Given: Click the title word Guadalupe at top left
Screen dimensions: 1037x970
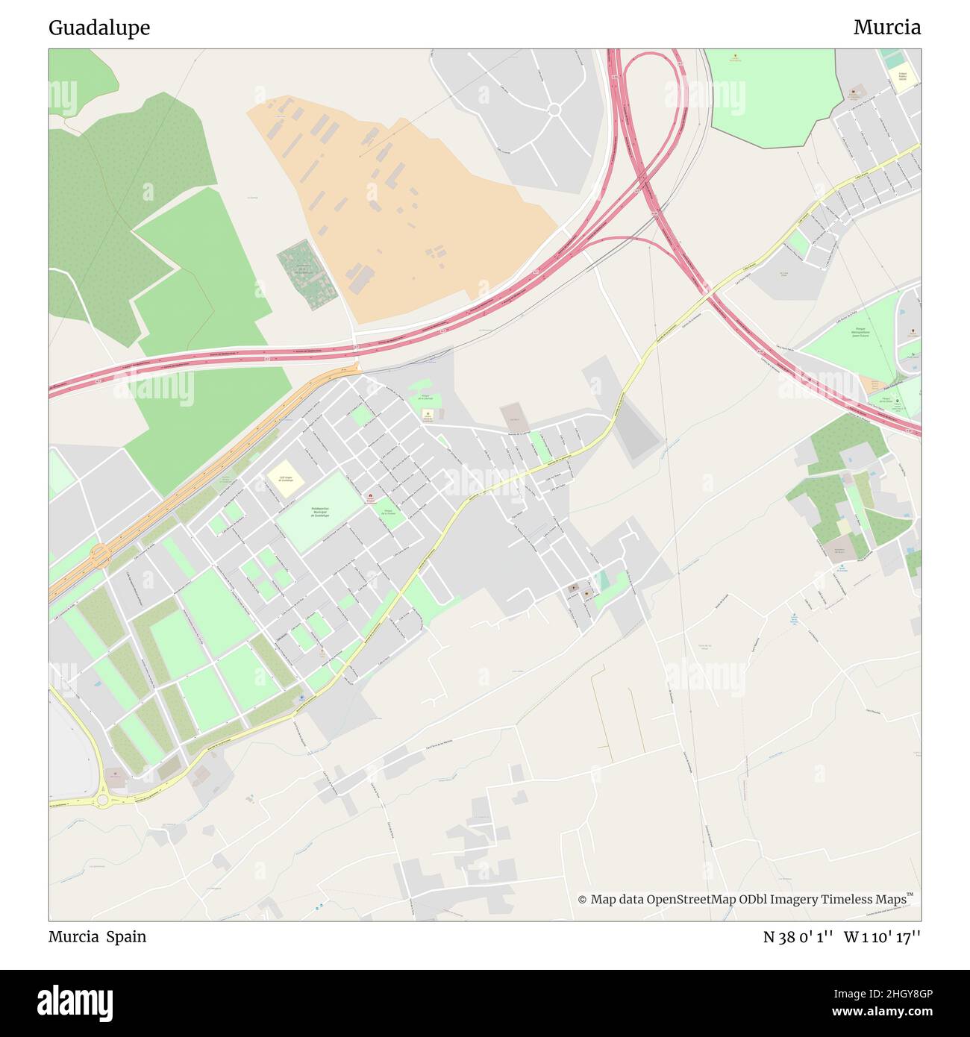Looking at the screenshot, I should (x=99, y=28).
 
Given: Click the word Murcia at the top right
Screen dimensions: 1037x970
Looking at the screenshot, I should (x=886, y=28).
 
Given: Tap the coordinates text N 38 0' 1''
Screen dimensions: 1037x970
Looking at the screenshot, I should (x=798, y=937).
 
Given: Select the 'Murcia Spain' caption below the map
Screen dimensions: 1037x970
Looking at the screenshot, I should (x=98, y=937).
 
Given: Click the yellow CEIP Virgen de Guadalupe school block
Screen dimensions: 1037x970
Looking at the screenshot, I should (x=285, y=477).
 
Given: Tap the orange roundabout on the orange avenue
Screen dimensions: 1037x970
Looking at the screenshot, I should (x=100, y=554).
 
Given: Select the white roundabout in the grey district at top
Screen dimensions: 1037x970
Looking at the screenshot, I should (x=554, y=110).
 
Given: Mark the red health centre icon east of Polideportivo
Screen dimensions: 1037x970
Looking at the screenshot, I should (x=369, y=498).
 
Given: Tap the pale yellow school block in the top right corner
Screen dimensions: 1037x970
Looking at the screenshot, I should (x=903, y=79).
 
